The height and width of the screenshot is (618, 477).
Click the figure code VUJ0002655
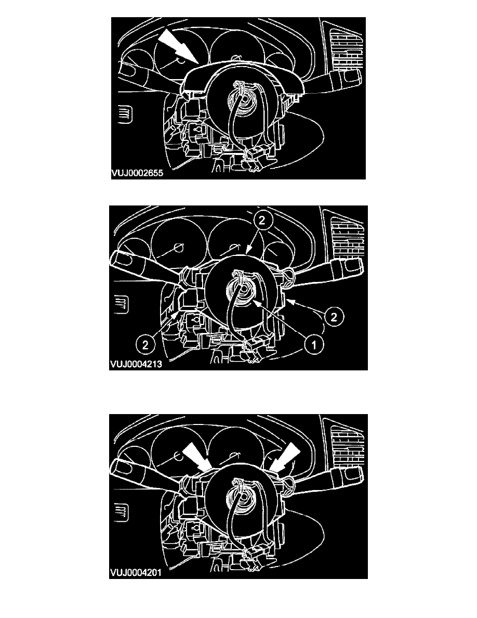(137, 173)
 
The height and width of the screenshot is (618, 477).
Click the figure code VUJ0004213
(136, 364)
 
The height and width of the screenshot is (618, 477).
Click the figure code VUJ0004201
(136, 572)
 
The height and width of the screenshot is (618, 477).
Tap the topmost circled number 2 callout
(262, 221)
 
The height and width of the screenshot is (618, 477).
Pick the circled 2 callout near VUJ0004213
(145, 345)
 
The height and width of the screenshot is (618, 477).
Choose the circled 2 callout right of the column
(334, 316)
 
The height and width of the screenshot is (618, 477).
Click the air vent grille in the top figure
(347, 51)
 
